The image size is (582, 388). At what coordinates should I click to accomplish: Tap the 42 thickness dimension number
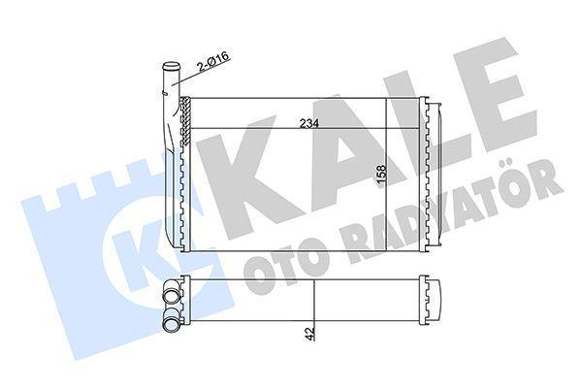click(x=307, y=333)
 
